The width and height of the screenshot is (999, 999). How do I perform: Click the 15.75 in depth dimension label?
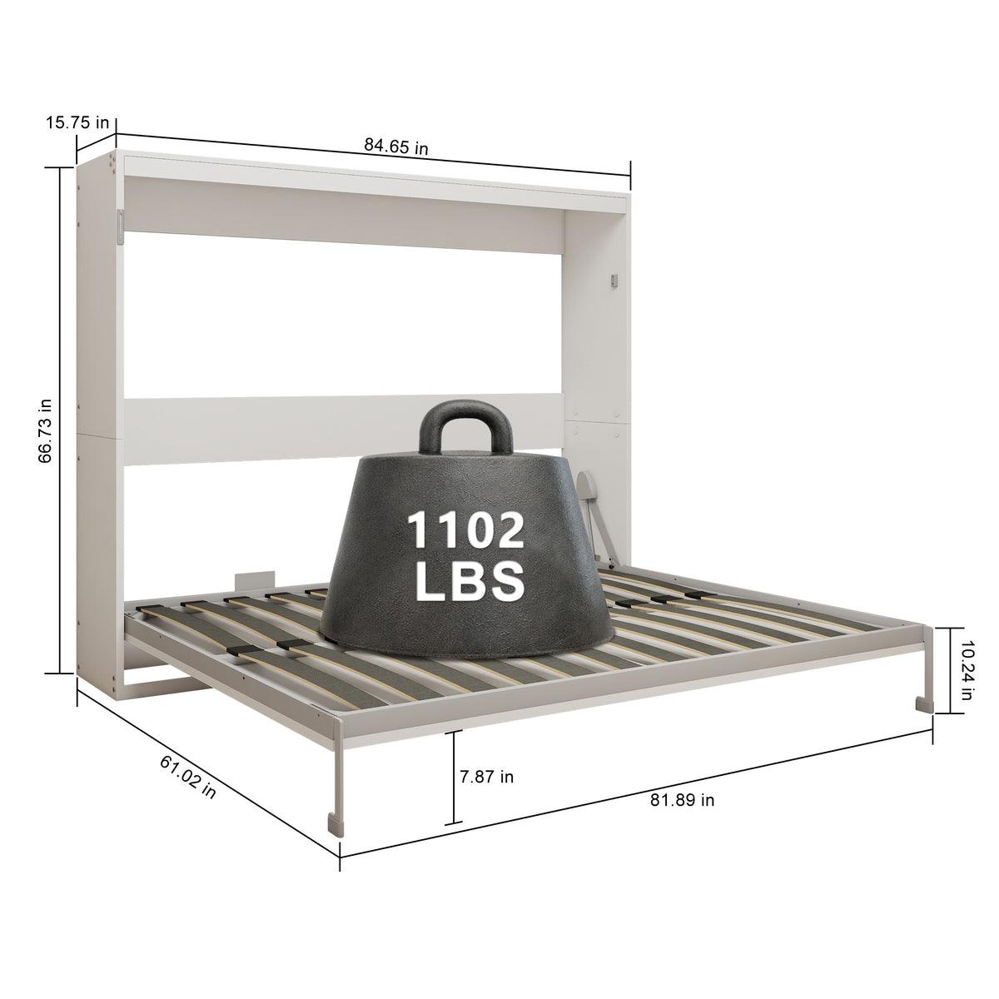[77, 123]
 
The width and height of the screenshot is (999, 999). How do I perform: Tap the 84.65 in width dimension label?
[396, 147]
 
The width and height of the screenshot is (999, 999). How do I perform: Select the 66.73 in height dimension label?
[46, 430]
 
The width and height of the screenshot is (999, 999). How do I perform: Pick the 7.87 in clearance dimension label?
[487, 777]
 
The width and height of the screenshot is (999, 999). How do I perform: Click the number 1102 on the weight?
[465, 530]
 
